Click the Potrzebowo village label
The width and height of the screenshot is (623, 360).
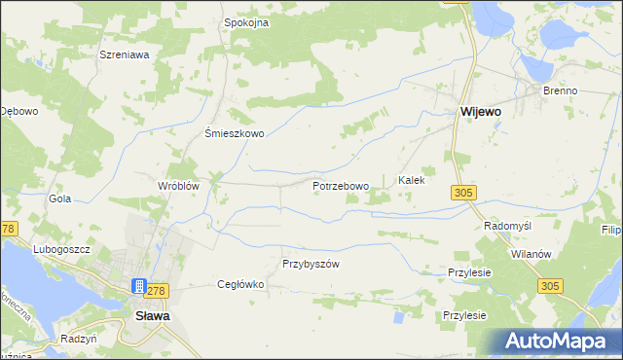(341, 186)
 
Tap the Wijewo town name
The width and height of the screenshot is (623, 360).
(480, 112)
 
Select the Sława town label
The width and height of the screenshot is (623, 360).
(153, 316)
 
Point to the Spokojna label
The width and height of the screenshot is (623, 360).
(246, 22)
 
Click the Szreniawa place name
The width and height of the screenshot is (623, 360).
(124, 55)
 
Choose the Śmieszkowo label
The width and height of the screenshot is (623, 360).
(234, 134)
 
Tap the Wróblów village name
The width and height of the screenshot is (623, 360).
(178, 185)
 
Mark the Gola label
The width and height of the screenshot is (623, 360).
(60, 198)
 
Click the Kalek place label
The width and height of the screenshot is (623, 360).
(412, 181)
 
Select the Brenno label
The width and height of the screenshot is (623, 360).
(561, 90)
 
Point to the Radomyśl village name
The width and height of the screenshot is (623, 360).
(507, 225)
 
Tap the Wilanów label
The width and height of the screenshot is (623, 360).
(531, 253)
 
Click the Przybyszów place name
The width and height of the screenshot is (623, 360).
(310, 264)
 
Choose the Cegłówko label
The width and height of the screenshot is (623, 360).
(240, 284)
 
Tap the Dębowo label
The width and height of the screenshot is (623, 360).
(18, 111)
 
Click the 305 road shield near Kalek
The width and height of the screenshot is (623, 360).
(463, 194)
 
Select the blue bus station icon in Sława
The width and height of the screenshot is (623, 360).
(139, 287)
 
